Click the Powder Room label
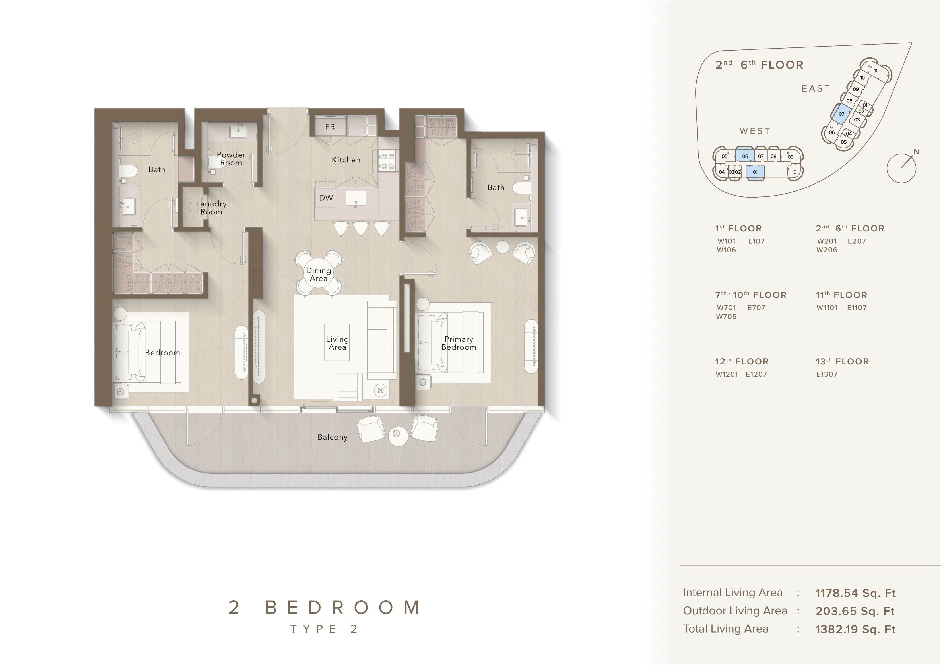coord(231,159)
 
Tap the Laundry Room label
coord(211,208)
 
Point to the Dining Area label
coord(318,275)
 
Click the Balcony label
coord(332,437)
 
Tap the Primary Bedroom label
coord(459,343)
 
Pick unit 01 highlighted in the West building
coord(755,172)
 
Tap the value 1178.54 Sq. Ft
coord(855,593)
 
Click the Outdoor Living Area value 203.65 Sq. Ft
coord(855,611)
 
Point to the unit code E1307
coord(827,374)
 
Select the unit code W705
coord(726,317)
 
